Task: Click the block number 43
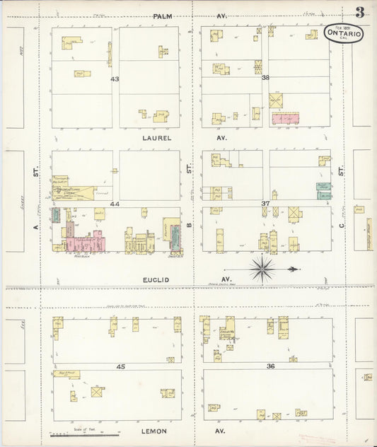114,79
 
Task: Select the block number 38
265,79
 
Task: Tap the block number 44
114,204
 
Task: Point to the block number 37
265,204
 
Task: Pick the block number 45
120,366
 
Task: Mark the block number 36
269,366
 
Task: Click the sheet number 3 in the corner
359,12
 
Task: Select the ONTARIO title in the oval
344,33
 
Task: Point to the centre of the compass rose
262,269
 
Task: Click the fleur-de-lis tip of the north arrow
292,269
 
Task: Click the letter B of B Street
189,225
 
